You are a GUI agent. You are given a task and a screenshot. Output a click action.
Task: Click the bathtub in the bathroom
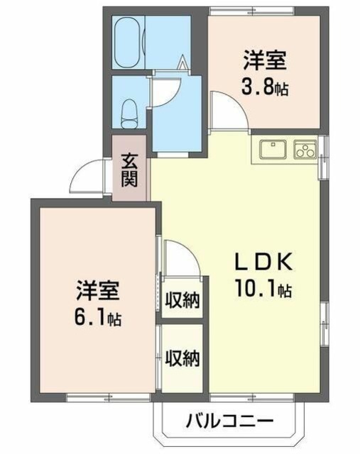[129, 43]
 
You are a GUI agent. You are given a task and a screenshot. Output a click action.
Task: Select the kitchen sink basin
[273, 150]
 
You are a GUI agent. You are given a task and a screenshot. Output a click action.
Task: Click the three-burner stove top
[305, 150]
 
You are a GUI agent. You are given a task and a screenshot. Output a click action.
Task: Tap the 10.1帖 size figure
[263, 289]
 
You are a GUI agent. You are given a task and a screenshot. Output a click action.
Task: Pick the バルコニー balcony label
[229, 421]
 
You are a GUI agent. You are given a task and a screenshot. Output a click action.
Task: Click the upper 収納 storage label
[182, 301]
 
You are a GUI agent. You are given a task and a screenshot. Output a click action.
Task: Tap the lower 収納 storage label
[182, 358]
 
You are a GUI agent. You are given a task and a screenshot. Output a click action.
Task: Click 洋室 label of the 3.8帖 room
[265, 60]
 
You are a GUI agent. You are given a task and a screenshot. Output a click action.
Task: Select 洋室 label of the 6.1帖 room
[98, 290]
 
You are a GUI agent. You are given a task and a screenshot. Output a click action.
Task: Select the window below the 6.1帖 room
[108, 397]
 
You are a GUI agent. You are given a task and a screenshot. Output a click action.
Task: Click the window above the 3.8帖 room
[251, 11]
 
